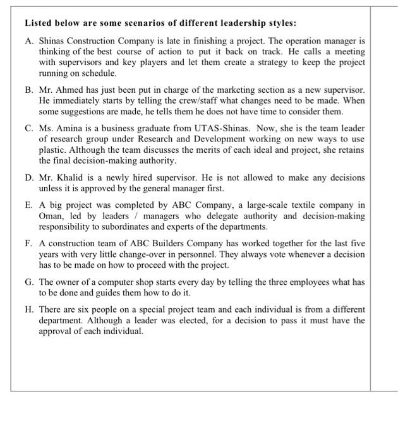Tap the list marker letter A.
pos(28,40)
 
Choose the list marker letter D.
pos(28,177)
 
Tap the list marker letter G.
pos(28,282)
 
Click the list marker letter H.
pos(28,309)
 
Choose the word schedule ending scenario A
pos(88,73)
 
